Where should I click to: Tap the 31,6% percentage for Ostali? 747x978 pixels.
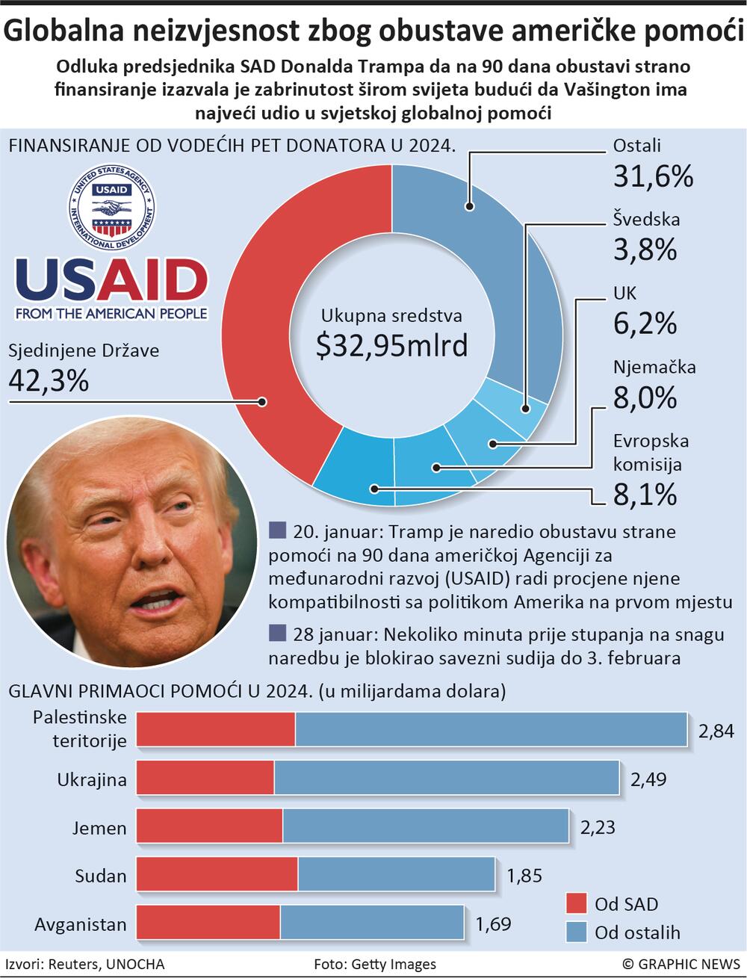point(653,176)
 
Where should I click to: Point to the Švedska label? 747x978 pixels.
point(646,219)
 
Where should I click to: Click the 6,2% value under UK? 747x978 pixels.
point(645,323)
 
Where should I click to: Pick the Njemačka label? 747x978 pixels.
point(654,367)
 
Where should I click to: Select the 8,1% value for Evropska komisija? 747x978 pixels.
point(645,494)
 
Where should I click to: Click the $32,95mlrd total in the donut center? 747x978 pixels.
point(391,346)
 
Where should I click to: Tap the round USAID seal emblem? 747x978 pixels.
point(111,205)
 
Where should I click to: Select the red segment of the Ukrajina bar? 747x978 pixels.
point(205,778)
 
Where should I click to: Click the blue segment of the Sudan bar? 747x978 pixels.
point(396,874)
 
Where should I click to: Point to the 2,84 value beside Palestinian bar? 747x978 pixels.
point(716,731)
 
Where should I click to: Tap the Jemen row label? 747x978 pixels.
point(99,827)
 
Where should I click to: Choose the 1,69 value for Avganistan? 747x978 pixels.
point(493,924)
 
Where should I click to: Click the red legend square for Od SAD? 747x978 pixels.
point(576,903)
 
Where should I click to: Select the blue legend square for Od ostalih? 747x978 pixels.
point(576,932)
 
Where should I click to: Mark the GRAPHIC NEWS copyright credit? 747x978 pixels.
point(681,965)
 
